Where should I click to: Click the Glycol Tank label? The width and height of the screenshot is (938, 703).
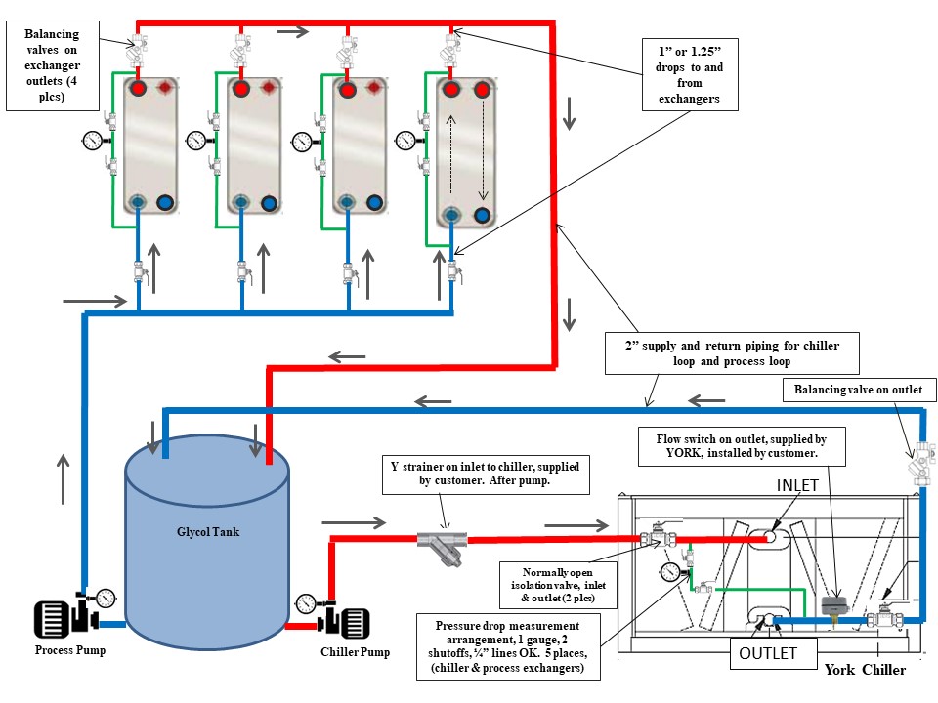click(207, 532)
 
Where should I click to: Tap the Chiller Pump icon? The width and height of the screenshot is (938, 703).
click(346, 621)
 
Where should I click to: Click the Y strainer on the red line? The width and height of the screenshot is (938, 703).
click(441, 543)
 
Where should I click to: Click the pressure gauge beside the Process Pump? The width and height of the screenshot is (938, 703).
click(105, 598)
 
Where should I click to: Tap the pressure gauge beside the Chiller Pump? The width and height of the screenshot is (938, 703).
click(307, 602)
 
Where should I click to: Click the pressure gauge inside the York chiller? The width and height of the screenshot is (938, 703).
click(669, 571)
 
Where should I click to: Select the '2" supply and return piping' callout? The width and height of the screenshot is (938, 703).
click(732, 352)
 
